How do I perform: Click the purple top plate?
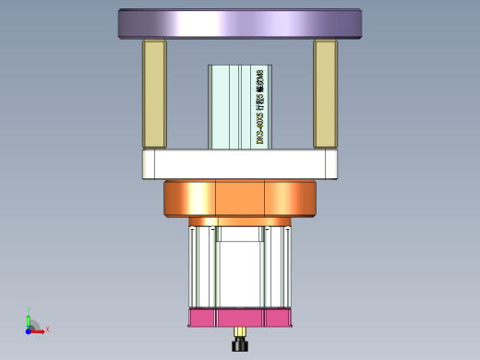click(239, 23)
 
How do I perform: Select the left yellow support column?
click(153, 94)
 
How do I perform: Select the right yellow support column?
click(326, 94)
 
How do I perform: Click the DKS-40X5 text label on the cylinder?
click(260, 107)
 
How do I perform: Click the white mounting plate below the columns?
click(239, 165)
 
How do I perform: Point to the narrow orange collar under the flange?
click(239, 222)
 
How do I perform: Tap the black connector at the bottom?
click(241, 345)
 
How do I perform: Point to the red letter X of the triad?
click(47, 329)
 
